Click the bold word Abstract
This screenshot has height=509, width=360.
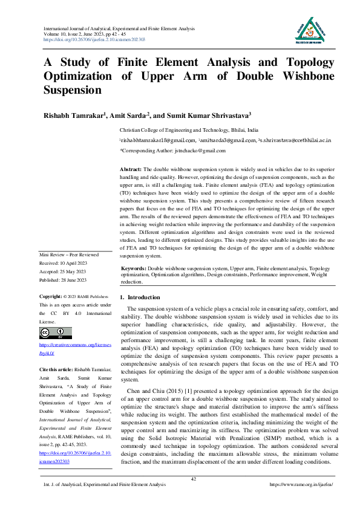(x=131, y=169)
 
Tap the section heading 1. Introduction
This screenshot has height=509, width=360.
(x=140, y=298)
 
